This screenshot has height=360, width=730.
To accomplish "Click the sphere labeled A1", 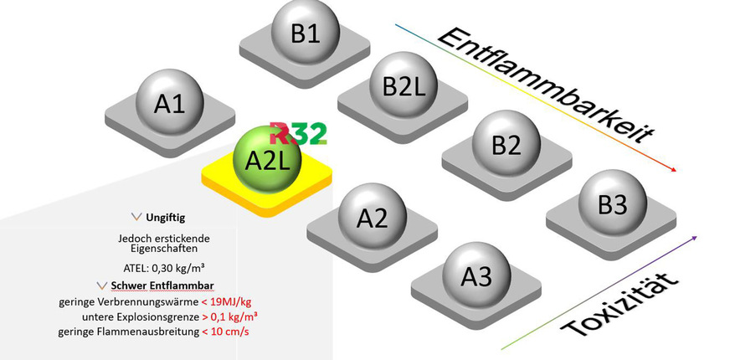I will (169, 102).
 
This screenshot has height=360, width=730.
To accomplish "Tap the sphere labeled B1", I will (305, 33).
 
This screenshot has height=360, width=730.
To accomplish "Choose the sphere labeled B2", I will (506, 145).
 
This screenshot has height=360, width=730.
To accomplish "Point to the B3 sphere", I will (612, 203).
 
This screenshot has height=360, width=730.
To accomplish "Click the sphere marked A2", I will (372, 217).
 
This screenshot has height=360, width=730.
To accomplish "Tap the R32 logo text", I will (298, 134).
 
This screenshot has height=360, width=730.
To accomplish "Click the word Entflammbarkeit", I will (544, 84).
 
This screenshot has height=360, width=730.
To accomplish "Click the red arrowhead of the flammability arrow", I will (673, 170).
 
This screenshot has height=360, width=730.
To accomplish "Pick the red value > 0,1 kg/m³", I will (229, 316).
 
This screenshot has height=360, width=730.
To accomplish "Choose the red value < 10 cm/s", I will (226, 332).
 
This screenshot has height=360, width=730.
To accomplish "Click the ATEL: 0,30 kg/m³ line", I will (164, 268).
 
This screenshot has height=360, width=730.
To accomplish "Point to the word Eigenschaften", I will (164, 249).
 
